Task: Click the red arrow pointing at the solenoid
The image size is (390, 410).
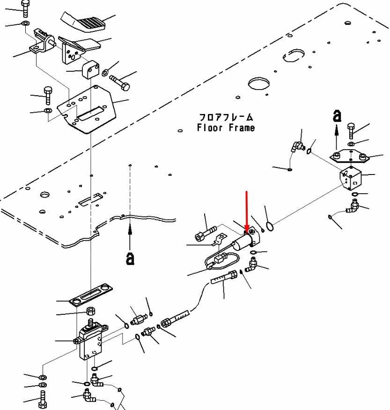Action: (x=247, y=211)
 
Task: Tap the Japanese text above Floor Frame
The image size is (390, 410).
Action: (x=226, y=117)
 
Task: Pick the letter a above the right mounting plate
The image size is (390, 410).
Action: (x=337, y=115)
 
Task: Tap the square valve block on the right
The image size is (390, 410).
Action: (x=351, y=179)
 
